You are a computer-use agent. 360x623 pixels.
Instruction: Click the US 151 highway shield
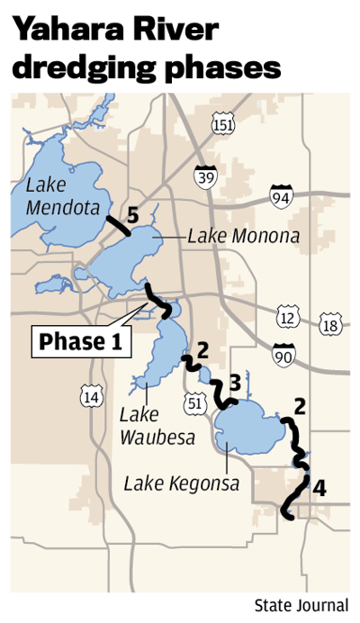[222, 125]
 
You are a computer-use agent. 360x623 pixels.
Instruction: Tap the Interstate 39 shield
[206, 176]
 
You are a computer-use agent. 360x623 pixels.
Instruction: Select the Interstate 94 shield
[281, 194]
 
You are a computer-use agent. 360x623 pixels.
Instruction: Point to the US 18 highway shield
[331, 325]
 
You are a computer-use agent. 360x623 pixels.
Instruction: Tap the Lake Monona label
[243, 237]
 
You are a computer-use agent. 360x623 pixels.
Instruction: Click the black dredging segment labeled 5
[117, 225]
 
